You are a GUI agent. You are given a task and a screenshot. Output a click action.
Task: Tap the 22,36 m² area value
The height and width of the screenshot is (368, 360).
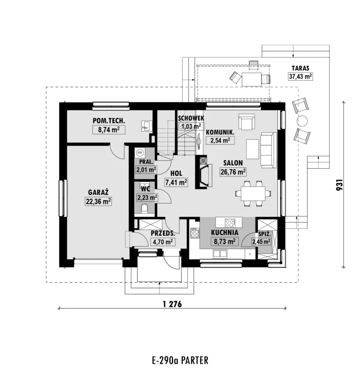98,202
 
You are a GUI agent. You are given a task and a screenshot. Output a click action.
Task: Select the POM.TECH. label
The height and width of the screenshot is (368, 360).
109,120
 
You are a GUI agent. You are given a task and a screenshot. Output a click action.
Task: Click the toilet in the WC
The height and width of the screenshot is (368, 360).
144,209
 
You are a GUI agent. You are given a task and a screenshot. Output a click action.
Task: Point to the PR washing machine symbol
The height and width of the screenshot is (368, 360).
140,153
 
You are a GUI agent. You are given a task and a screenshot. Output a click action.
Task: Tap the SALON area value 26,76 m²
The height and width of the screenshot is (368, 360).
233,172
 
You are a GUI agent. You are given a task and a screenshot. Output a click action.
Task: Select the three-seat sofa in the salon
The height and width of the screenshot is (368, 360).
268,150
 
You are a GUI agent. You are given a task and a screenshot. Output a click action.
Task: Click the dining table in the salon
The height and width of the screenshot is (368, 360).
253,194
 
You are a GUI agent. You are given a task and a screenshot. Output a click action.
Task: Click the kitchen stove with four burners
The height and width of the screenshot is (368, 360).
195,233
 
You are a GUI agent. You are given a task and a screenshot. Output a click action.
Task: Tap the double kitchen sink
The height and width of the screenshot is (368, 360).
220,254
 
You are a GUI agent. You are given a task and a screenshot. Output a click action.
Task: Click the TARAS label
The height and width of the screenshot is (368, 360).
300,68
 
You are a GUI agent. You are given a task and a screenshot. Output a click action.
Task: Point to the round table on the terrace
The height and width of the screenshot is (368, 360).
302,121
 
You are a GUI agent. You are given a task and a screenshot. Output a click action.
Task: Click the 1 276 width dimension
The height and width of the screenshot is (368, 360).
172,304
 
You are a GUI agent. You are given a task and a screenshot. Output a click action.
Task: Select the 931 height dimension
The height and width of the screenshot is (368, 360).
339,185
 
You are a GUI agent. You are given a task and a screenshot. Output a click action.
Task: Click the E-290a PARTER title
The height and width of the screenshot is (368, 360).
180,360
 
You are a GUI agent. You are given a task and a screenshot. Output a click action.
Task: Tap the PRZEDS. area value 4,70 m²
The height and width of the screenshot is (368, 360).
163,241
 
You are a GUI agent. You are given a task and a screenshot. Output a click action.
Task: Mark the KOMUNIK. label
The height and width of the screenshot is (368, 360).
220,132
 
